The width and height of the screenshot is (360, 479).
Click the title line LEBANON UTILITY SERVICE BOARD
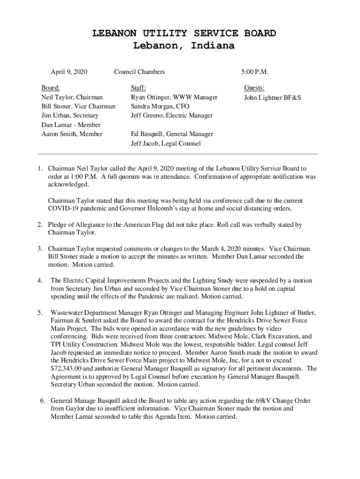pyautogui.click(x=184, y=34)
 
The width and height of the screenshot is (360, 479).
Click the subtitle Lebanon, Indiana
pyautogui.click(x=184, y=46)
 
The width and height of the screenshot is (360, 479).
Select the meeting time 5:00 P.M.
pyautogui.click(x=254, y=72)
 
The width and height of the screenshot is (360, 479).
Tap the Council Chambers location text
pyautogui.click(x=139, y=72)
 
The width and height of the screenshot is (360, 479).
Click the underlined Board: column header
pyautogui.click(x=50, y=88)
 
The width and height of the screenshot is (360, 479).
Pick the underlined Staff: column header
pyautogui.click(x=138, y=88)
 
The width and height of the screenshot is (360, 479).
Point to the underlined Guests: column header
pyautogui.click(x=254, y=88)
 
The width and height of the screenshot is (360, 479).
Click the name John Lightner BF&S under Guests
pyautogui.click(x=273, y=98)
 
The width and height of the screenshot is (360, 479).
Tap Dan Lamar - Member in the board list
pyautogui.click(x=71, y=125)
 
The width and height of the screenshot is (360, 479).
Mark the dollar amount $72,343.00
pyautogui.click(x=70, y=369)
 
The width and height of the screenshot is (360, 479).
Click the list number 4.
pyautogui.click(x=40, y=281)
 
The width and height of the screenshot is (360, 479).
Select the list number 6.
pyautogui.click(x=42, y=401)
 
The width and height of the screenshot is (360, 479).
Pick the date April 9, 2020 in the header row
pyautogui.click(x=69, y=72)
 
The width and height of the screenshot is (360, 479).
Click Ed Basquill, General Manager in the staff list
pyautogui.click(x=172, y=134)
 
